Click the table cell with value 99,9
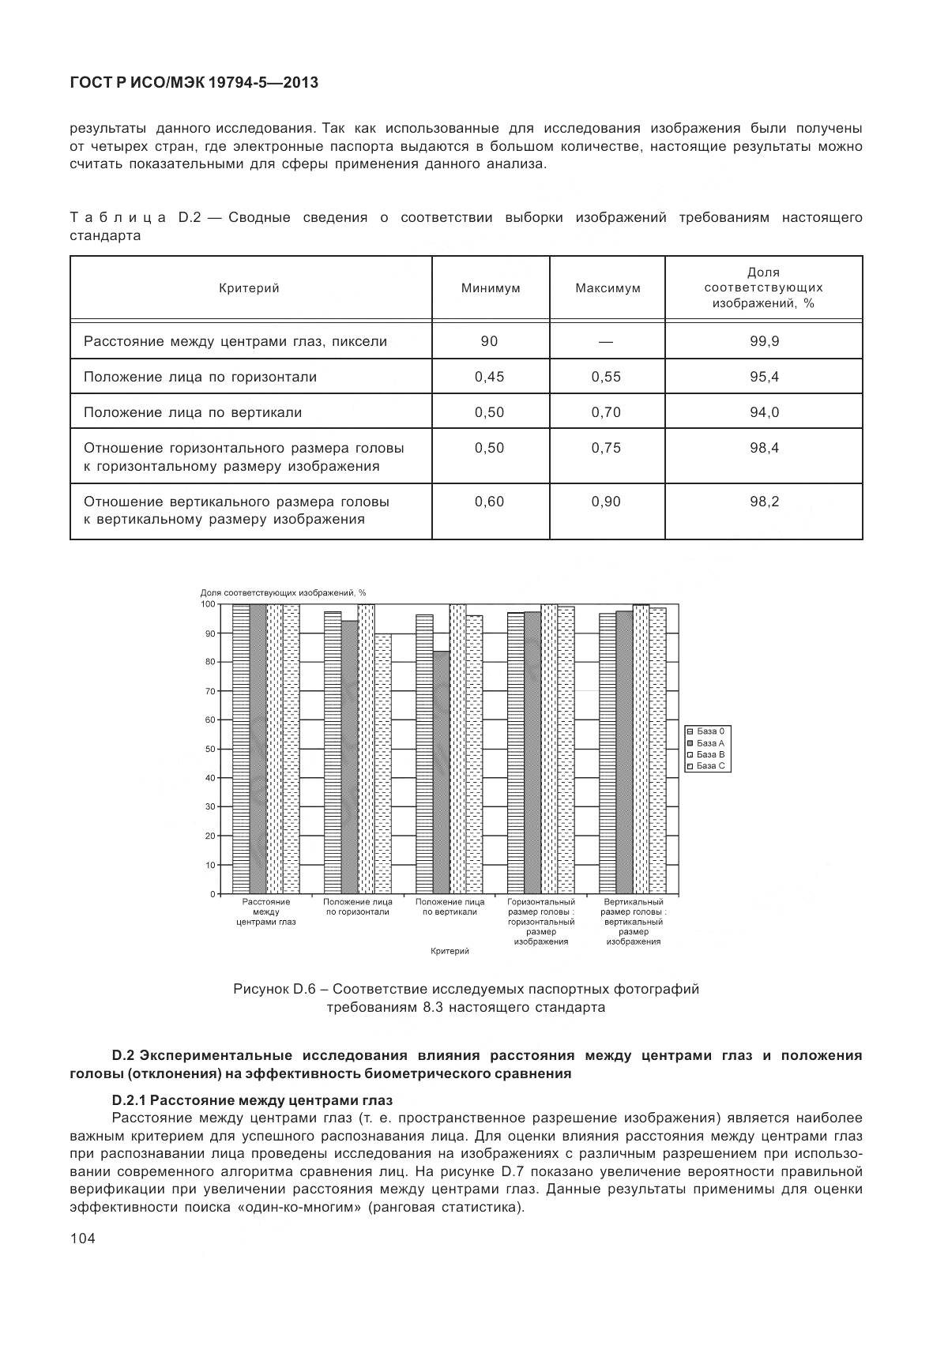pyautogui.click(x=764, y=341)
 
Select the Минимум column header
pyautogui.click(x=491, y=288)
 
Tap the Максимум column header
pyautogui.click(x=608, y=288)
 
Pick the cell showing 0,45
pyautogui.click(x=489, y=377)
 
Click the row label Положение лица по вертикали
pyautogui.click(x=193, y=412)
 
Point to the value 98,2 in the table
pyautogui.click(x=764, y=502)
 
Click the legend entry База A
pyautogui.click(x=709, y=743)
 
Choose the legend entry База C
pyautogui.click(x=709, y=766)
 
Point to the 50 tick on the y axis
pyautogui.click(x=210, y=749)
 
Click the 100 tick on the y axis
pyautogui.click(x=208, y=604)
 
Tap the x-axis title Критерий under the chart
pyautogui.click(x=450, y=951)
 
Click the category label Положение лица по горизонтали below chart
pyautogui.click(x=358, y=907)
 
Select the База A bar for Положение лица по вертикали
pyautogui.click(x=442, y=772)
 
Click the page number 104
pyautogui.click(x=82, y=1238)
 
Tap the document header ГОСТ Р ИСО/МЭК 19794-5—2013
pyautogui.click(x=194, y=82)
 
